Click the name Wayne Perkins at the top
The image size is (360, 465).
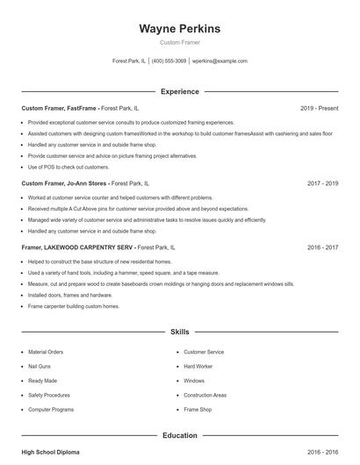[x=179, y=28]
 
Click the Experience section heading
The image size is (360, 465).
[x=179, y=91]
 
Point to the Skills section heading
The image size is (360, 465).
[x=179, y=333]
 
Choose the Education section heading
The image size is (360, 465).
[x=179, y=435]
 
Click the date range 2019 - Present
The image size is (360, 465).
[x=319, y=108]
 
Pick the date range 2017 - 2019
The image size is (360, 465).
[x=322, y=183]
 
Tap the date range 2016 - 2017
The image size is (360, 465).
[x=322, y=247]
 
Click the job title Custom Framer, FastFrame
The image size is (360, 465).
[x=59, y=108]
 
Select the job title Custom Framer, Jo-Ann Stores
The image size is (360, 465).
[x=64, y=183]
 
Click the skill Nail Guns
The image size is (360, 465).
[x=40, y=366]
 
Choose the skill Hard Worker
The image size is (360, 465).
[x=198, y=366]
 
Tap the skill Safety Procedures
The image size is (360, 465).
[x=49, y=395]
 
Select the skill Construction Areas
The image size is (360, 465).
[x=205, y=395]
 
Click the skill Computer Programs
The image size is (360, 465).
[x=50, y=410]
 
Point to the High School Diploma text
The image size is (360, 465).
[x=50, y=452]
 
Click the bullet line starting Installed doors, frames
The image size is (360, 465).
[x=70, y=296]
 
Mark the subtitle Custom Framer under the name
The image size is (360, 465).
[x=179, y=42]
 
